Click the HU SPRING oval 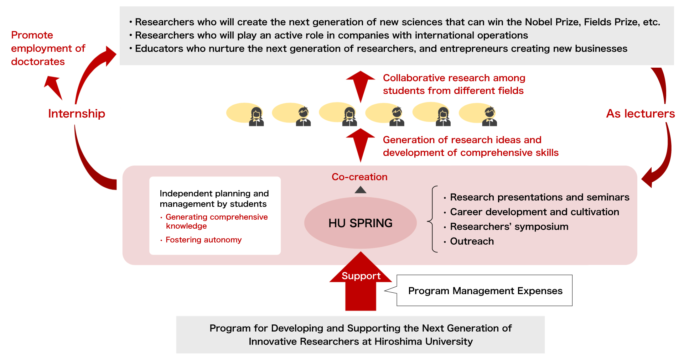coord(360,223)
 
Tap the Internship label coord(77,114)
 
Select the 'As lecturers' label coord(641,114)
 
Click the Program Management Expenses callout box coord(484,291)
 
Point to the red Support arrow coord(361,281)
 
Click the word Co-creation coord(359,177)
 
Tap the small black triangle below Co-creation coord(361,190)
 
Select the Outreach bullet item coord(472,241)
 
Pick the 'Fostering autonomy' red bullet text coord(203,240)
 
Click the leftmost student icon coord(256,117)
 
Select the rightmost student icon coord(489,116)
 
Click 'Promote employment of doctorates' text coord(48,48)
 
